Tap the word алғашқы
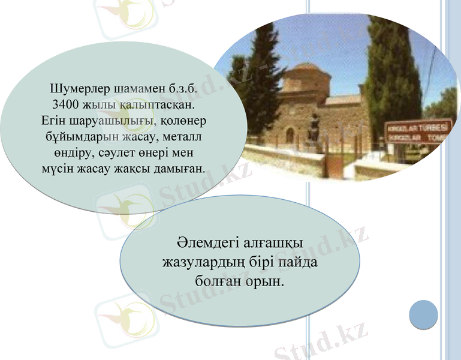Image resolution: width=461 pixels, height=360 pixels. [x=275, y=244]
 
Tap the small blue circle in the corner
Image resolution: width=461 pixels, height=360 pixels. [x=423, y=314]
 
